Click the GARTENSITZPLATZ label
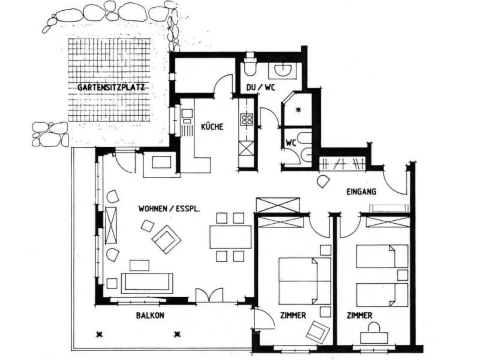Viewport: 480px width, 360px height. [111, 88]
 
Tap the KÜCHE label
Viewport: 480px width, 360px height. [212, 127]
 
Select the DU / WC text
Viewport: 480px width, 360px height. [260, 88]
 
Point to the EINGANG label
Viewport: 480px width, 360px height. [361, 192]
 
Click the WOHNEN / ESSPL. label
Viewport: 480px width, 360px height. [169, 209]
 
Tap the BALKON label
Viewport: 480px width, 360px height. [150, 315]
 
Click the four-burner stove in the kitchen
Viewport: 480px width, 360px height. [247, 120]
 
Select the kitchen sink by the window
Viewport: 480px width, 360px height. [187, 114]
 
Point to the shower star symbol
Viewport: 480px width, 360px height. [298, 110]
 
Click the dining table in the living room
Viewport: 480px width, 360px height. [230, 237]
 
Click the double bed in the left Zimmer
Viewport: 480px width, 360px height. [304, 281]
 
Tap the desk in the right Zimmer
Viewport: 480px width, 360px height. [374, 337]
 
